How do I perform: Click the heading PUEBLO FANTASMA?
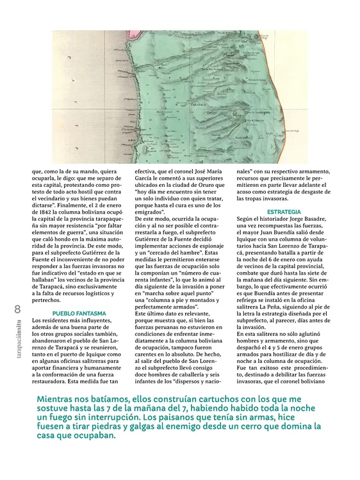pos(79,314)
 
